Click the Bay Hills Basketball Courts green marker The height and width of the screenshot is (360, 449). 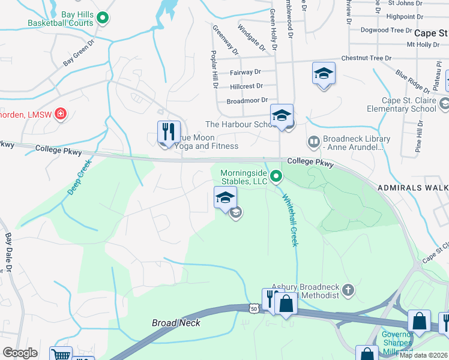click(x=102, y=18)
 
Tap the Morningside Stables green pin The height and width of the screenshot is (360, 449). click(x=276, y=176)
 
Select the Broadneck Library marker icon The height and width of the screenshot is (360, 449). click(x=313, y=142)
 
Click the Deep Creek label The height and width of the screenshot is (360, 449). click(x=79, y=177)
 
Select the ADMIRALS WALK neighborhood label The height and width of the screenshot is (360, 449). click(x=412, y=188)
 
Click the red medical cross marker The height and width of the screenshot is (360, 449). click(x=60, y=113)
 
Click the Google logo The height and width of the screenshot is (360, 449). click(x=20, y=353)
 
